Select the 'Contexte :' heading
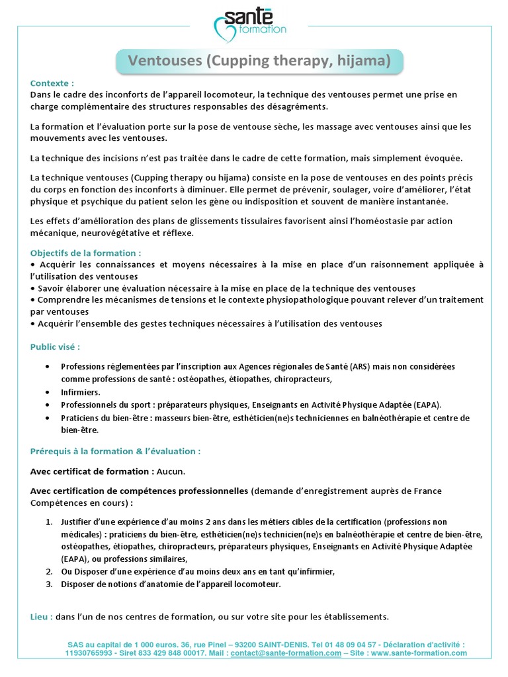point(52,83)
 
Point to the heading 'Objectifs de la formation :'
point(86,253)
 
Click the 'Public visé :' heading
point(55,346)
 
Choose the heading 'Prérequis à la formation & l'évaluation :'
point(116,451)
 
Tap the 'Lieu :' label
point(42,616)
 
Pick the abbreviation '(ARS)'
point(360,366)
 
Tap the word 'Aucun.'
point(171,471)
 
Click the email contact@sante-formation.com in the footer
point(286,653)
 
